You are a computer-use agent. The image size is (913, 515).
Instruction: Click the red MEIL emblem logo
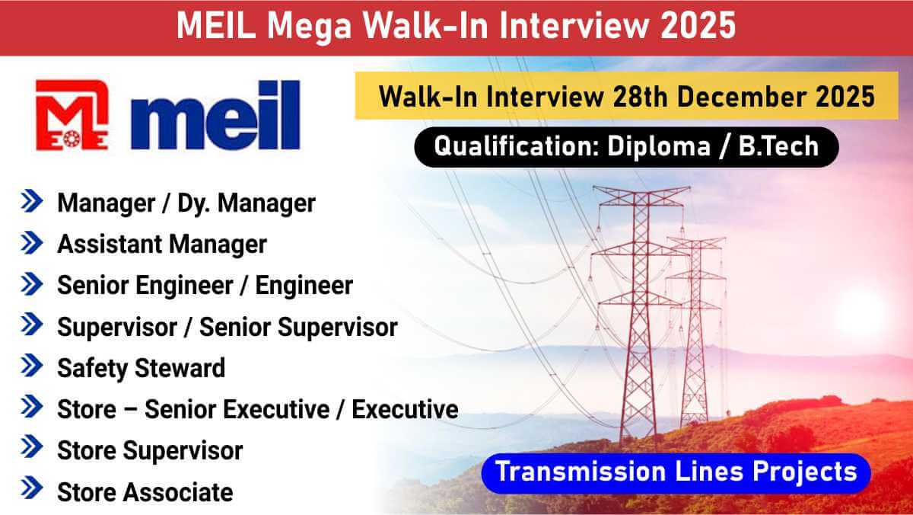[72, 114]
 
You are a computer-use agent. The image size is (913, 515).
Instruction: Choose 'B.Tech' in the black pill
[779, 146]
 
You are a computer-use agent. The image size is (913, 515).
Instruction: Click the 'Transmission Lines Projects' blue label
[676, 472]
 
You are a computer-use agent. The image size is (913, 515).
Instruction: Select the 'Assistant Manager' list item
[162, 244]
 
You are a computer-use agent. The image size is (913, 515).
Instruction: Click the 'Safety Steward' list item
[142, 368]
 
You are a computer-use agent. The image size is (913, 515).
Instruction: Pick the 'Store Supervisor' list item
[150, 450]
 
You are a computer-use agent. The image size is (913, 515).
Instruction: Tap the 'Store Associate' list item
[145, 491]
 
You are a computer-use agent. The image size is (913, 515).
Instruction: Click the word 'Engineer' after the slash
[304, 285]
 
